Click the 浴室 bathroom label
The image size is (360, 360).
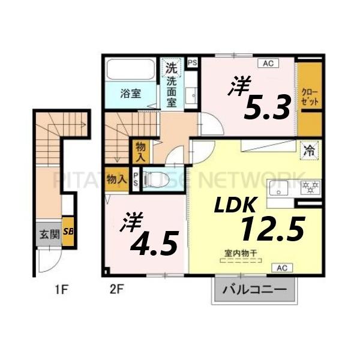[131, 94]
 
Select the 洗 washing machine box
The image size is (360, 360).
[172, 67]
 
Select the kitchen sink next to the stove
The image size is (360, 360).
[279, 187]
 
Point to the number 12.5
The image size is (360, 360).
[273, 229]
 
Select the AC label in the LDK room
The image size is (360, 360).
[281, 268]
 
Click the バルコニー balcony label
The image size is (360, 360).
[254, 290]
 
